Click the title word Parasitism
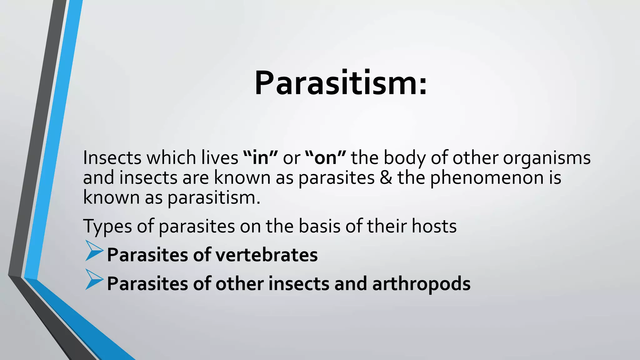click(336, 83)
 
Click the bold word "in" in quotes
click(260, 157)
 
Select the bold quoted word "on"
click(325, 157)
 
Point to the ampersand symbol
click(386, 177)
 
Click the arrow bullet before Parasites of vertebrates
click(93, 251)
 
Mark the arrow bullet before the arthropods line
click(93, 279)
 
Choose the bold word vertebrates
click(266, 255)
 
